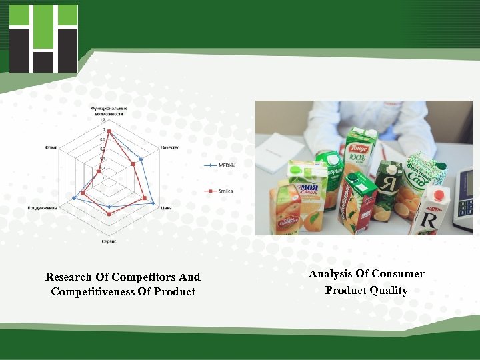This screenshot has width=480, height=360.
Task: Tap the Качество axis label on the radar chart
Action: point(170,147)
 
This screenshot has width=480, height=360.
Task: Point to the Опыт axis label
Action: point(50,147)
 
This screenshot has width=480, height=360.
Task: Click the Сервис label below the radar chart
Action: point(109,241)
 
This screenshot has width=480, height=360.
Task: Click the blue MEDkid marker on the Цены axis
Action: point(153,203)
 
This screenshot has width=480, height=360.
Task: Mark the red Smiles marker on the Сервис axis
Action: point(109,213)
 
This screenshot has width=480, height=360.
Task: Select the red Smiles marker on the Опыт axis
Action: point(99,172)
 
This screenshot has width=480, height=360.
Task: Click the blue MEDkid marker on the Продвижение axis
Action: point(73,199)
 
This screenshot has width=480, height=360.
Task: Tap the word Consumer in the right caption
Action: point(398,273)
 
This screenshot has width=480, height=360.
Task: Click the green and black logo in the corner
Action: point(43,38)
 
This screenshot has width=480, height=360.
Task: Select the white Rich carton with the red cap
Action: point(430,210)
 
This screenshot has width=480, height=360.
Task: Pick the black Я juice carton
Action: point(388,189)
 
